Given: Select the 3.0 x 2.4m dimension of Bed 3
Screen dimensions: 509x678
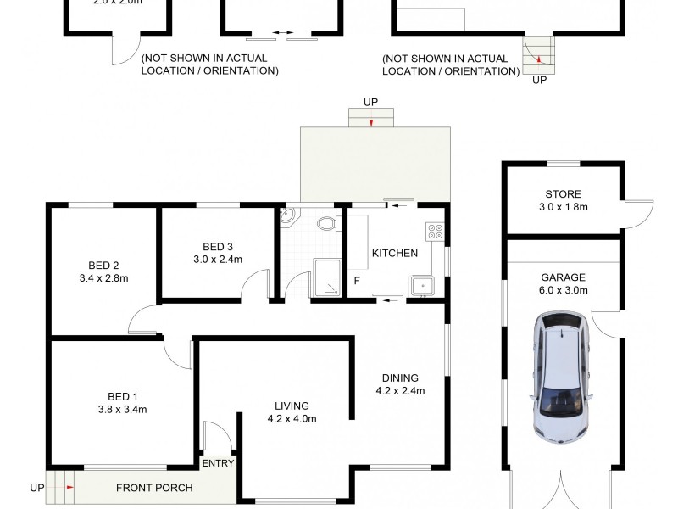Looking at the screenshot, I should point(217,260).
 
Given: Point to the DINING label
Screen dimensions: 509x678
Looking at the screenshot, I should point(400,378).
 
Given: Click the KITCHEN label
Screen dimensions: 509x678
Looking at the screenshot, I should point(394,253).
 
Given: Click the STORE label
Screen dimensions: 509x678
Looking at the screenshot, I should point(563,194).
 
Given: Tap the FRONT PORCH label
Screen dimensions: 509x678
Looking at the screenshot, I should point(154,488).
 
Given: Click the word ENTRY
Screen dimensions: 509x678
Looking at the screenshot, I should point(218,463).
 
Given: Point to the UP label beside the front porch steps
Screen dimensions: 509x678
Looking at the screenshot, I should point(36,488).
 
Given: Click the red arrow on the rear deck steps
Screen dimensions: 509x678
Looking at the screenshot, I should point(371,123).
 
